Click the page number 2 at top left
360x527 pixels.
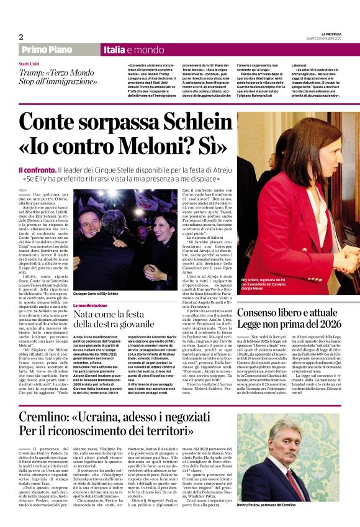coord(21,37)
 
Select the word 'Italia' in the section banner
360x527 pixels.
coord(115,50)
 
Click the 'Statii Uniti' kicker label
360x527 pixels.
coord(30,65)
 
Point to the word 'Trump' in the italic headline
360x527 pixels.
coord(33,73)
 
